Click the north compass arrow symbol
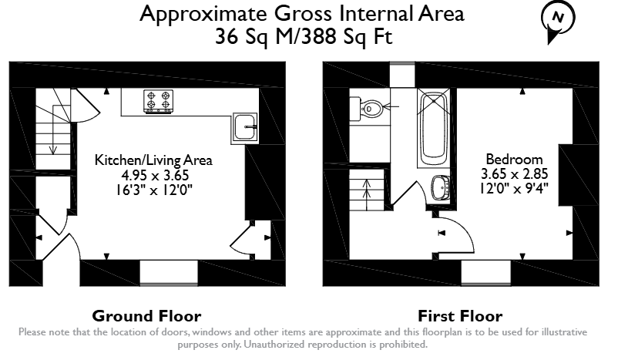tap(557, 22)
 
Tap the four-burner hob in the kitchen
tap(159, 102)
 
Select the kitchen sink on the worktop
tap(245, 126)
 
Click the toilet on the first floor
tap(367, 109)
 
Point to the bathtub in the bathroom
tap(434, 128)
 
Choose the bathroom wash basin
tap(442, 187)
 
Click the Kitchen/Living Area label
tap(153, 160)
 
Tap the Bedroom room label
tap(514, 160)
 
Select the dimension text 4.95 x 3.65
tap(155, 175)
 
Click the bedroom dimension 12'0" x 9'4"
tap(514, 188)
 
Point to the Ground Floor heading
tap(146, 316)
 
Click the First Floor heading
tap(460, 316)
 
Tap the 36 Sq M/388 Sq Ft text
tap(304, 37)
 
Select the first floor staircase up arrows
tap(367, 190)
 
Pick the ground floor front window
tap(169, 272)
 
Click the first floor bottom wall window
tap(486, 272)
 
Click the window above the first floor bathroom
tap(402, 75)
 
